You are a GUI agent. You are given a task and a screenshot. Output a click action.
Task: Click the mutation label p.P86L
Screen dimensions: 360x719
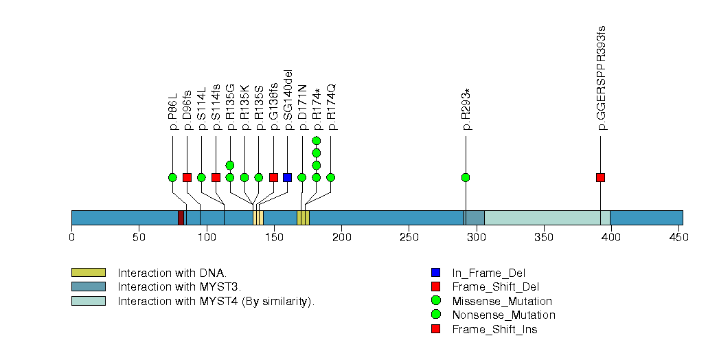pos(172,111)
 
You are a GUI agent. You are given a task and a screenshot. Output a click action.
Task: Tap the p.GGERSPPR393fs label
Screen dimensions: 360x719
pos(601,78)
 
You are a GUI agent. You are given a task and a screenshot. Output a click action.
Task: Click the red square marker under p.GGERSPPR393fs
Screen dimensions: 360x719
pos(601,177)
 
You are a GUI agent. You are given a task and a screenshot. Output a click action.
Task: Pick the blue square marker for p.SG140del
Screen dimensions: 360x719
pos(288,177)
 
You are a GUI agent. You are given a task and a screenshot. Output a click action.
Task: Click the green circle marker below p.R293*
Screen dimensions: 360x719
pos(466,177)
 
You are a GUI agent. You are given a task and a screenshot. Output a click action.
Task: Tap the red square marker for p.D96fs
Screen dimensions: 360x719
pos(187,177)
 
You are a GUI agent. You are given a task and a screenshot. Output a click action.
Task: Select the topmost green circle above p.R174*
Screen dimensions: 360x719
pos(317,141)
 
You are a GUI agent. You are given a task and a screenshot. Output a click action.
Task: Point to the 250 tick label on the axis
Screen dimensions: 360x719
pos(409,238)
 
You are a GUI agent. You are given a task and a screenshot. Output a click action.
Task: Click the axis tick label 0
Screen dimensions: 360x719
pos(71,238)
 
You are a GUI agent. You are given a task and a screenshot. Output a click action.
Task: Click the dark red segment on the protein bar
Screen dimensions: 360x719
pos(181,217)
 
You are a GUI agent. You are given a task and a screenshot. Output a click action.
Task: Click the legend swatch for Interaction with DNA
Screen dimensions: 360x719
pos(88,273)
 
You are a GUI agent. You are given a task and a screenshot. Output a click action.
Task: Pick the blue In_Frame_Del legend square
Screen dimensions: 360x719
pos(435,273)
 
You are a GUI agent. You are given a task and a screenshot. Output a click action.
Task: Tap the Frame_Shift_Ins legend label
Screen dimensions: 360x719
pos(494,330)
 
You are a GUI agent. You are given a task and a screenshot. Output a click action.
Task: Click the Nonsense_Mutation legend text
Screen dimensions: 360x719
pos(503,315)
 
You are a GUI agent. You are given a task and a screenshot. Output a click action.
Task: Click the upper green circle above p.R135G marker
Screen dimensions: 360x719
pos(230,165)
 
